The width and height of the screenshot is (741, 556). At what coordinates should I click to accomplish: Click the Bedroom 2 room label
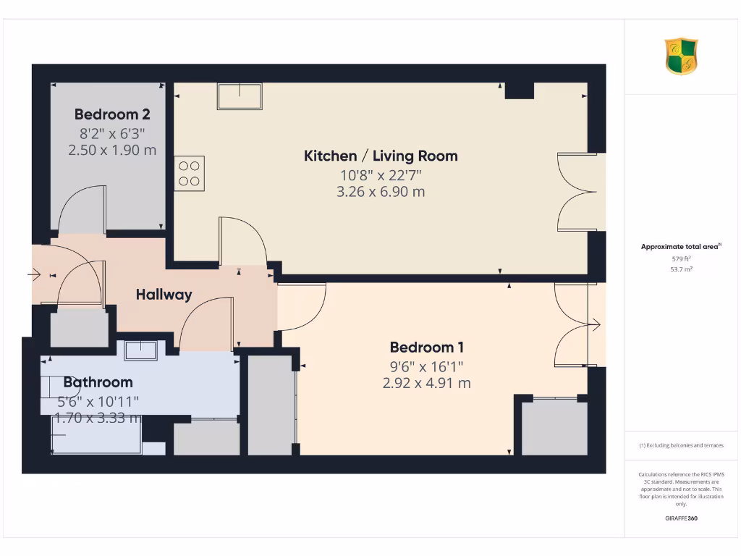click(112, 114)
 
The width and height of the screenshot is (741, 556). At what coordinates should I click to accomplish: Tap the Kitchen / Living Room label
click(380, 156)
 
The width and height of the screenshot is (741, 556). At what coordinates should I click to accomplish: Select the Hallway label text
click(164, 294)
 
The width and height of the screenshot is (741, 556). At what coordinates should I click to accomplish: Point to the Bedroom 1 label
click(426, 347)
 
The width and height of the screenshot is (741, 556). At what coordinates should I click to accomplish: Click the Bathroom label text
click(98, 382)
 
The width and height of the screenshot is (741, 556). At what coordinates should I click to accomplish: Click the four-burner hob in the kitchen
click(189, 173)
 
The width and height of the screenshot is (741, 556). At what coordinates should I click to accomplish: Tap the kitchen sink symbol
click(240, 96)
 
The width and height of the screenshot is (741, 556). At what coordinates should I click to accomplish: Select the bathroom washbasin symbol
click(140, 350)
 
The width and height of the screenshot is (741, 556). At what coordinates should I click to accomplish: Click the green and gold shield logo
click(681, 56)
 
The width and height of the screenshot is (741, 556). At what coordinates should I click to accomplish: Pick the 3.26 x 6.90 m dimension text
click(380, 192)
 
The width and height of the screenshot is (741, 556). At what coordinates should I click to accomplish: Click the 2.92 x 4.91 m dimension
click(426, 383)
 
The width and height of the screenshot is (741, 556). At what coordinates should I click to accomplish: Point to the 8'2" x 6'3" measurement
click(112, 133)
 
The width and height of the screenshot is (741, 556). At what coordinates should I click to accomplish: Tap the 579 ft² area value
click(681, 258)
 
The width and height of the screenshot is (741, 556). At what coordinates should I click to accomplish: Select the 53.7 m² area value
click(681, 269)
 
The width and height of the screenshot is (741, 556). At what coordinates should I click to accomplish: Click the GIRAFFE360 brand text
click(681, 518)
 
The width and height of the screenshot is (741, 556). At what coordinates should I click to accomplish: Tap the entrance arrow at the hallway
click(34, 274)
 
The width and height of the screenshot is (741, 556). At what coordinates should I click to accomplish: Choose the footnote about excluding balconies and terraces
click(681, 445)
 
